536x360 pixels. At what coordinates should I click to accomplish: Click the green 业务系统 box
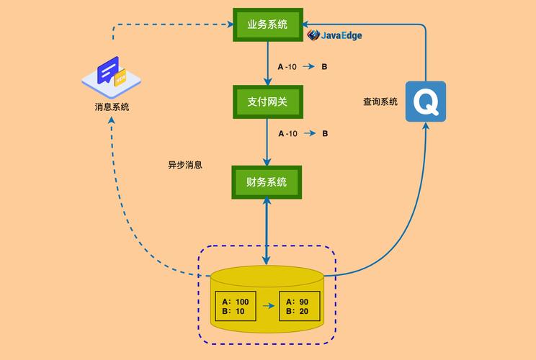pos(267,24)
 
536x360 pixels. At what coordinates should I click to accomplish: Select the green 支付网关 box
pos(267,102)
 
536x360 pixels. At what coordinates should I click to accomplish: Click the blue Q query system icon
pos(425,102)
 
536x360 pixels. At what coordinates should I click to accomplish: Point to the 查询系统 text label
pos(380,102)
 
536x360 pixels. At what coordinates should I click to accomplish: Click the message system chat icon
pos(113,74)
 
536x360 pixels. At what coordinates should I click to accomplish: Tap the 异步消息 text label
pos(185,165)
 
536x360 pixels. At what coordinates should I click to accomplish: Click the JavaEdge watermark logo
pos(335,35)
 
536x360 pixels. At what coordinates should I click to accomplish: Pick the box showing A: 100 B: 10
pos(236,306)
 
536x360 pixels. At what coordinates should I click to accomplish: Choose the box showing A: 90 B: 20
pos(299,306)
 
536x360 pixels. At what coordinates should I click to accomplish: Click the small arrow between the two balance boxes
pos(268,306)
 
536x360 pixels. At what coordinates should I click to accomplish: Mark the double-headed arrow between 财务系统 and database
pos(267,231)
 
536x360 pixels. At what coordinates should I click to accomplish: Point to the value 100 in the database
pos(241,301)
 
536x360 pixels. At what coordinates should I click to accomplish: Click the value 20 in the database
pos(304,311)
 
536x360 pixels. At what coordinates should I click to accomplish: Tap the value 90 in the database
pos(304,301)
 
